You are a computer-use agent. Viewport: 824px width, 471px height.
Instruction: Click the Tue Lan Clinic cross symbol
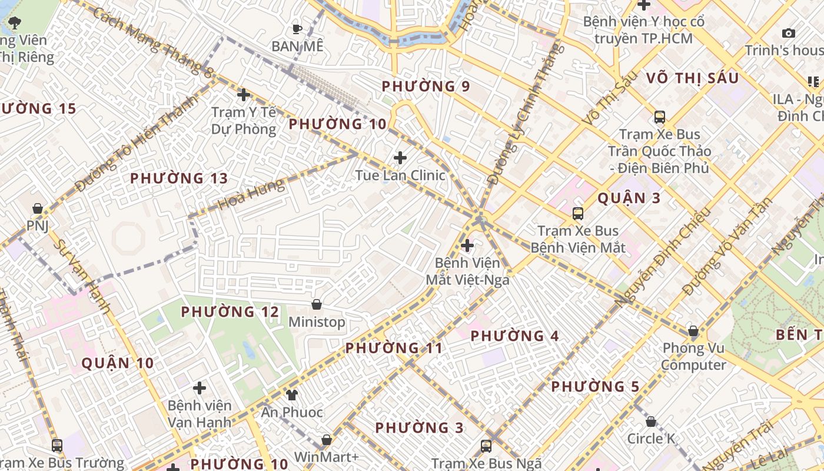tap(400, 158)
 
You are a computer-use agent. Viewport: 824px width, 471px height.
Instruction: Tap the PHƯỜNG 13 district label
tap(178, 178)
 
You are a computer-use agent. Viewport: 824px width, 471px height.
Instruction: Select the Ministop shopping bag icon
tap(317, 304)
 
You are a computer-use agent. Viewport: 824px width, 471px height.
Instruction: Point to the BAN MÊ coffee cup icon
tap(297, 28)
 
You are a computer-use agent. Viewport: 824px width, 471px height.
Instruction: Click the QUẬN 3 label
tap(629, 198)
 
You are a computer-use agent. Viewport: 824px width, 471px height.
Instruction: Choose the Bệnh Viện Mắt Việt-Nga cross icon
tap(467, 245)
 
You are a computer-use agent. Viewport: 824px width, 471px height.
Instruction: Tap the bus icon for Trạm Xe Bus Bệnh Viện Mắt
tap(578, 213)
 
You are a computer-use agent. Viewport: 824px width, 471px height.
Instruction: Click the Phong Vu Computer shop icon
tap(693, 331)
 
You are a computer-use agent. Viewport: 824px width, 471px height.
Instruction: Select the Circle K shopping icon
tap(651, 422)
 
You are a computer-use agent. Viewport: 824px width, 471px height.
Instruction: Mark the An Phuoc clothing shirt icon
tap(292, 395)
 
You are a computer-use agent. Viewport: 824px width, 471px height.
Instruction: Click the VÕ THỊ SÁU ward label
tap(692, 78)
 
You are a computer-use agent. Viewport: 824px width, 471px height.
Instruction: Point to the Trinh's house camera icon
tap(788, 34)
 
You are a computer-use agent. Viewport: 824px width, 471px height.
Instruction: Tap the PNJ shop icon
tap(37, 208)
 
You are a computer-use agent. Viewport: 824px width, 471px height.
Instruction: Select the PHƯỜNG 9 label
tap(426, 87)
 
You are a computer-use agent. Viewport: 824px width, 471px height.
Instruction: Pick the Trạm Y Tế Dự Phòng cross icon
tap(243, 94)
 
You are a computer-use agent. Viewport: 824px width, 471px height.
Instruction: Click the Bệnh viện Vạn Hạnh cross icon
tap(200, 388)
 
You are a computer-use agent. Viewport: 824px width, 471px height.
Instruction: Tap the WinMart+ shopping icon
tap(327, 440)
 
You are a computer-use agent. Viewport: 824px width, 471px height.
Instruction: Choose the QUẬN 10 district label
tap(118, 363)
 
